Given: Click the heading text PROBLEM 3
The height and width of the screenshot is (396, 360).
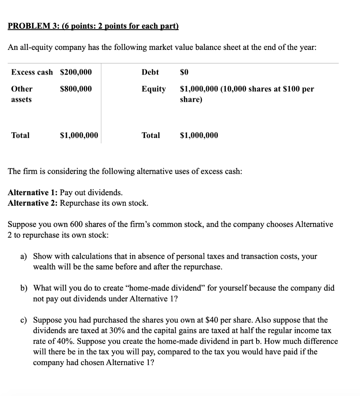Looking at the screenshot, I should [32, 26].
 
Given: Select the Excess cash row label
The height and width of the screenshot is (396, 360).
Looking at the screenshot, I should [32, 72].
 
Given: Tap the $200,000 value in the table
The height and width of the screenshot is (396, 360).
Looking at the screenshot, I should [76, 72].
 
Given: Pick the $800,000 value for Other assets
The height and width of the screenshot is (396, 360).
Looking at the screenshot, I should [76, 89].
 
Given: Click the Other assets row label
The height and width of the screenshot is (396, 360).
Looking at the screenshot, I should [22, 94].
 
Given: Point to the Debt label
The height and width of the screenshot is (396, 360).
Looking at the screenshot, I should [150, 72].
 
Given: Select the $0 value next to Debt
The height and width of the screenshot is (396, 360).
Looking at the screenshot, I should [185, 72].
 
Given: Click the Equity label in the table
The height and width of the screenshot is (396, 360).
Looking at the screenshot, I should [153, 89].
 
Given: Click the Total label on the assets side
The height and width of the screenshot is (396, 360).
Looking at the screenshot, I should [20, 135].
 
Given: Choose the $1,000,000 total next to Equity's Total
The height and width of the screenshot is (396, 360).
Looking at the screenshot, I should [199, 135].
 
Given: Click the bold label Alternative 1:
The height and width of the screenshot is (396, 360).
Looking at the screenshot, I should [33, 193].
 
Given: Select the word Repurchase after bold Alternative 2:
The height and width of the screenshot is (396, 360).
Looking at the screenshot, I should [79, 203].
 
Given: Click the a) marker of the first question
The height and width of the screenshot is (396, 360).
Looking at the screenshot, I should [24, 256].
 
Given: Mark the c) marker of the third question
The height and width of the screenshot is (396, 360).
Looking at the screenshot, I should [24, 320].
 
